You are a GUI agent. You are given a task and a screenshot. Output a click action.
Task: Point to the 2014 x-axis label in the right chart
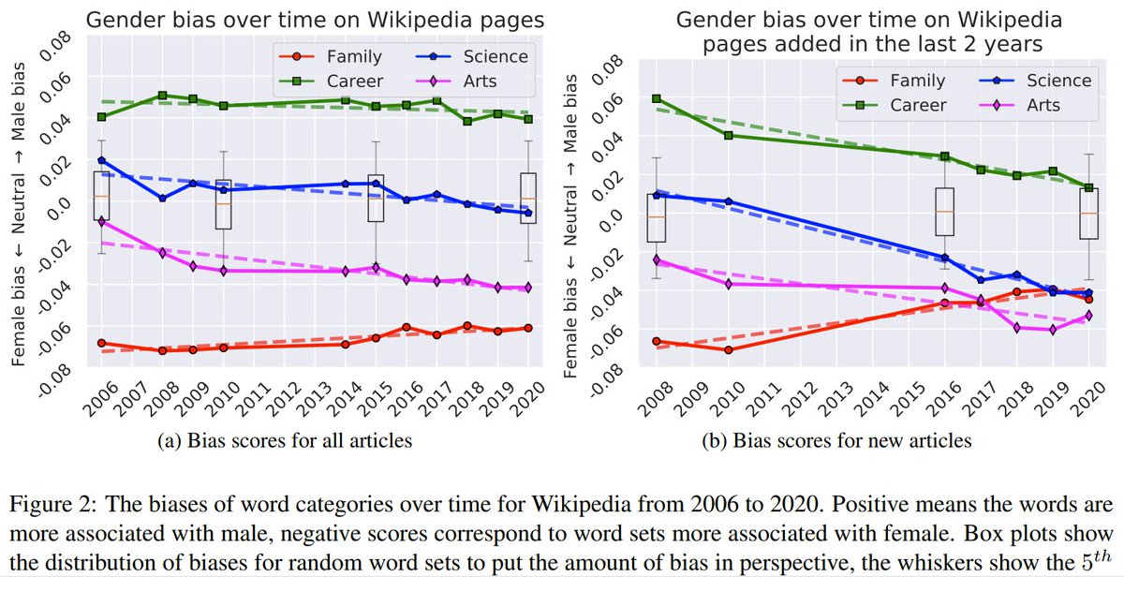pos(874,399)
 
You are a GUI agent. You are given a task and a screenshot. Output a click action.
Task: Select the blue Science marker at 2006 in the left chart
pos(101,160)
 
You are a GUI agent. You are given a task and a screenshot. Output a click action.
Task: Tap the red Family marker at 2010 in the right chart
pos(729,349)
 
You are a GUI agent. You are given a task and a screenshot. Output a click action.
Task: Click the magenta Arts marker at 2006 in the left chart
pos(101,221)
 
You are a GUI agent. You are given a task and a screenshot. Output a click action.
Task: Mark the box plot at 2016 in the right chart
pos(944,212)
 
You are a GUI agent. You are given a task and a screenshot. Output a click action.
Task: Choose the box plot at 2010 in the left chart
pos(223,204)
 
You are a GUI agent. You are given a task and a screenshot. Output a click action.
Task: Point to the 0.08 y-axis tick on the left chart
pos(47,44)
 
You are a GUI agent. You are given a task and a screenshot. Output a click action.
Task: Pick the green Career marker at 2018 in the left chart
pos(467,121)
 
